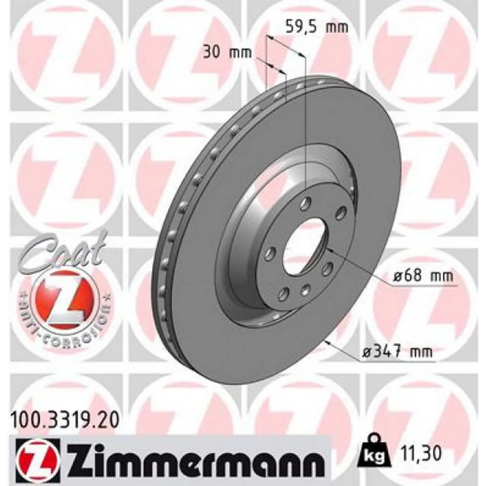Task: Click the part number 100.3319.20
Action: coord(63,417)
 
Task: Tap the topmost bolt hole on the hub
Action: coord(305,203)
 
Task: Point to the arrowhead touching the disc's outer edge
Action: coord(327,342)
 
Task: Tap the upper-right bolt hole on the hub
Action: coord(341,211)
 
